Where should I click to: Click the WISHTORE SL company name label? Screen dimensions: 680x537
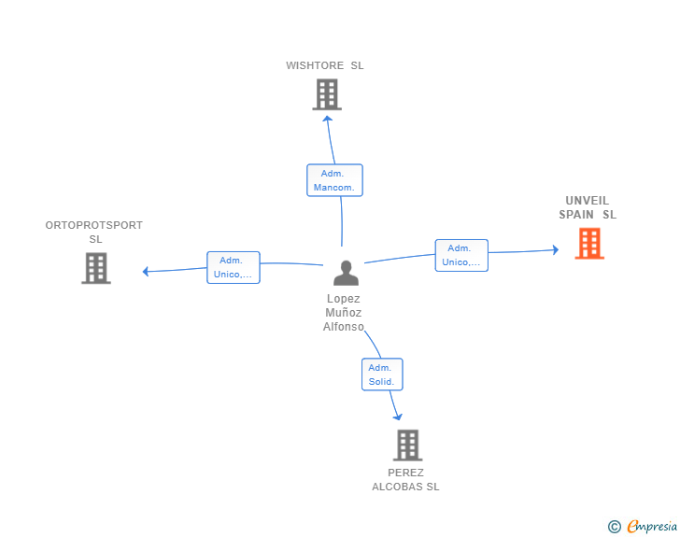pyautogui.click(x=324, y=65)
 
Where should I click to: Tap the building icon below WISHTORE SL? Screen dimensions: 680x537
pyautogui.click(x=327, y=94)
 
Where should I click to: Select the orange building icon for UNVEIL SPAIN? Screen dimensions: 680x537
pyautogui.click(x=589, y=244)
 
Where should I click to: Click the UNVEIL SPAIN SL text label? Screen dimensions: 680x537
pyautogui.click(x=588, y=207)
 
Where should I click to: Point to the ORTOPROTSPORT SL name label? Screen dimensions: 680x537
pyautogui.click(x=94, y=232)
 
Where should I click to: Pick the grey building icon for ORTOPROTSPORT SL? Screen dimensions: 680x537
pyautogui.click(x=96, y=268)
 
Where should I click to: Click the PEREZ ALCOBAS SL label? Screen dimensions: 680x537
pyautogui.click(x=405, y=479)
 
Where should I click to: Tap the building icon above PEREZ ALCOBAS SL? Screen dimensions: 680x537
pyautogui.click(x=407, y=445)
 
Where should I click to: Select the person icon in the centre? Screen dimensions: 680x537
pyautogui.click(x=346, y=273)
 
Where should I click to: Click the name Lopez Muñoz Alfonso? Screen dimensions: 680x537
pyautogui.click(x=343, y=312)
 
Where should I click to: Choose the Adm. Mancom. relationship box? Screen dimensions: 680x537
pyautogui.click(x=334, y=180)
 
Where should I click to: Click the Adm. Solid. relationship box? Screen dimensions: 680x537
pyautogui.click(x=382, y=374)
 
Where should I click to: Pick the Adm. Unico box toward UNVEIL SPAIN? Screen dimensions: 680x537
pyautogui.click(x=461, y=256)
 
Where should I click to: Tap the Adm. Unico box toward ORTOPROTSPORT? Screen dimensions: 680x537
pyautogui.click(x=234, y=268)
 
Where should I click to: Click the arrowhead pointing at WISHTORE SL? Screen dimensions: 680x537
pyautogui.click(x=328, y=119)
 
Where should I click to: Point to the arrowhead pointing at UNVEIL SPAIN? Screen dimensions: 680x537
pyautogui.click(x=556, y=249)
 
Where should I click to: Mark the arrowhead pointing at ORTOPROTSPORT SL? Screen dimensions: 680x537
pyautogui.click(x=146, y=271)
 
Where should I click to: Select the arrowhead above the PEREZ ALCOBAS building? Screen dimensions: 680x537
pyautogui.click(x=398, y=417)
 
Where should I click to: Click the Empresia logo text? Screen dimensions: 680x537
pyautogui.click(x=652, y=526)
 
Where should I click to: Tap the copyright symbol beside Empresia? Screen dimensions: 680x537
pyautogui.click(x=615, y=527)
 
